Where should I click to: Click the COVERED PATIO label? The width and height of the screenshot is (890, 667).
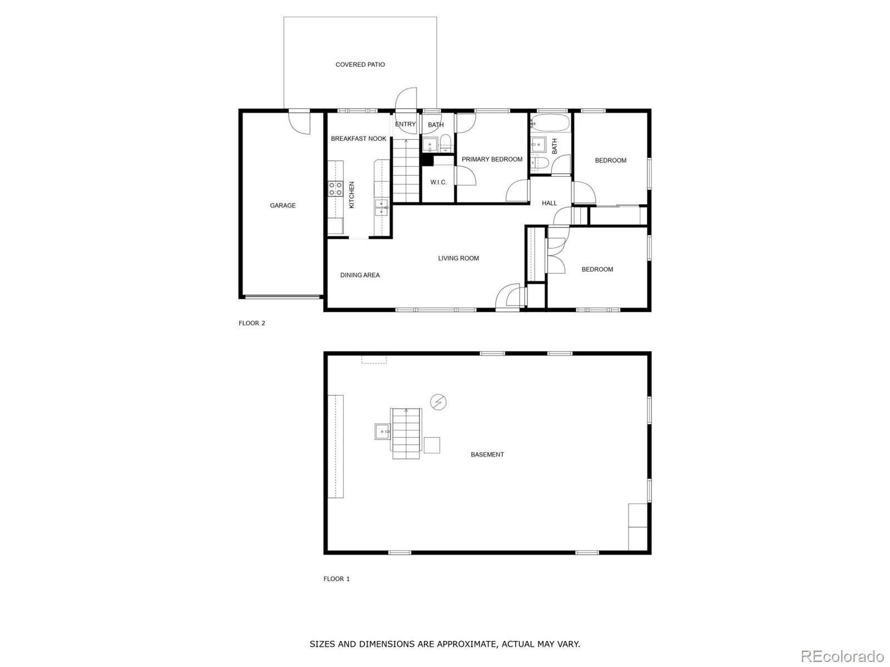[x=360, y=65]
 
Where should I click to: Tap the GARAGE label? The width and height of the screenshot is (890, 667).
[x=283, y=206]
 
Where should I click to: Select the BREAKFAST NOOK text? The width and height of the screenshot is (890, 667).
[x=358, y=139]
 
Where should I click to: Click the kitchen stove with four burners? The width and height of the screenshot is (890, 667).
[x=335, y=189]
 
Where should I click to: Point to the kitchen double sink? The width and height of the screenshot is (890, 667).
[x=381, y=207]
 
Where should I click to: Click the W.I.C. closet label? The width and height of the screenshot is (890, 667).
[x=438, y=182]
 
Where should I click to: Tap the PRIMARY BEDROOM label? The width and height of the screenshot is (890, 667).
[x=492, y=159]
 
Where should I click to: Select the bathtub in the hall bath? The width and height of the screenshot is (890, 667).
[x=550, y=122]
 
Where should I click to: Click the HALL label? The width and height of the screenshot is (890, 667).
[x=550, y=203]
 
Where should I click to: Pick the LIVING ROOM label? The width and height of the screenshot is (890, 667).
[x=458, y=258]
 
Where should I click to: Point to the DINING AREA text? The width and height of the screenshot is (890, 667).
[x=360, y=275]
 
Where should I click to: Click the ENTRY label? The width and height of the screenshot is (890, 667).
[x=405, y=125]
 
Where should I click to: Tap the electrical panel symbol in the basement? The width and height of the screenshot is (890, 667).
[x=438, y=402]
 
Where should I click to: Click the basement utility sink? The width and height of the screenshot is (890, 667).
[x=382, y=432]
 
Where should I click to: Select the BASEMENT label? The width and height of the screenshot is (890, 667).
[x=487, y=454]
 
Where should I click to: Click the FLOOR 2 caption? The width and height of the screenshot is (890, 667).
[x=252, y=323]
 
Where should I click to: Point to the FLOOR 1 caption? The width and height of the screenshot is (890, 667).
[x=336, y=579]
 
